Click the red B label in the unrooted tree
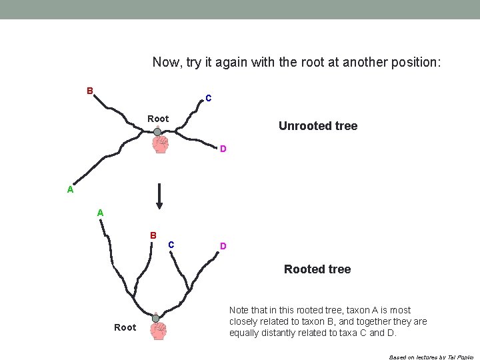(89, 91)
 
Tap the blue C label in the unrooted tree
(209, 99)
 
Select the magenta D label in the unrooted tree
(223, 149)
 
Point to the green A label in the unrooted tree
(70, 189)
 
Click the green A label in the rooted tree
(100, 213)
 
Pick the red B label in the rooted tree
(153, 236)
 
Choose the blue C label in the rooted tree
(171, 245)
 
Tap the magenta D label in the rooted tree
(223, 246)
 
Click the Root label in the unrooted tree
(158, 119)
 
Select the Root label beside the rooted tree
(125, 327)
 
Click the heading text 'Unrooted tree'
(318, 126)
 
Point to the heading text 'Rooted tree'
(317, 269)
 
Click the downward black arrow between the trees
(159, 197)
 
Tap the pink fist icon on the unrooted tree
(160, 145)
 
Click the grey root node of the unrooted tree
(157, 132)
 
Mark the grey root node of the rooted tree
(155, 319)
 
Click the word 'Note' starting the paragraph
(240, 310)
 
